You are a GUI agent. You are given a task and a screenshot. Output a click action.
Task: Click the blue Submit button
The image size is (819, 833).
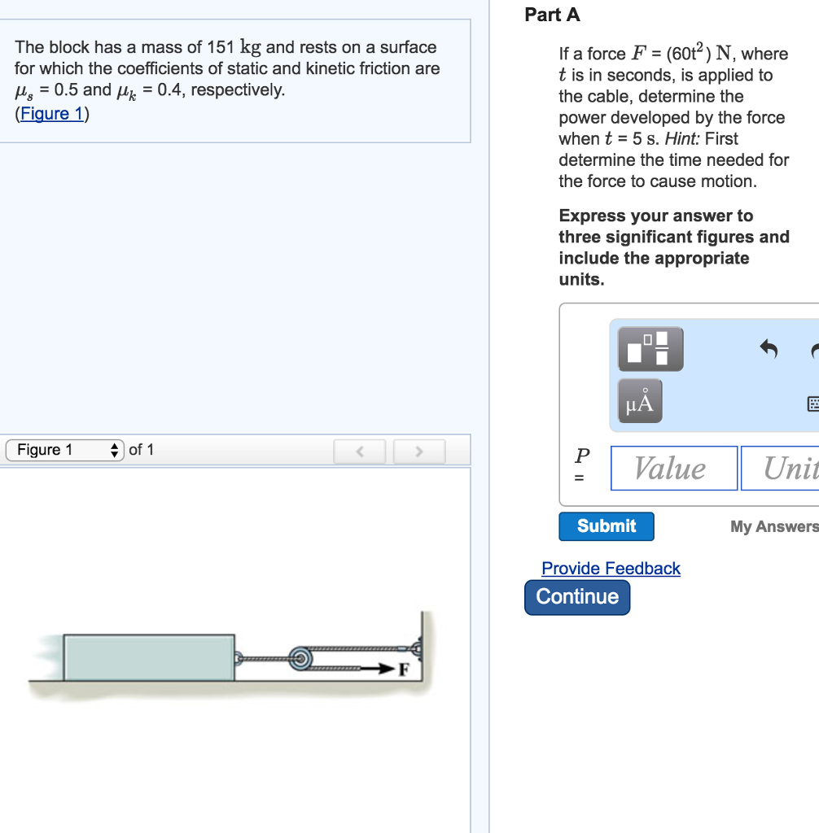coord(607,526)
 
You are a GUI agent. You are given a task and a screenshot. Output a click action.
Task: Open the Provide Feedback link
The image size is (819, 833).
coord(611,569)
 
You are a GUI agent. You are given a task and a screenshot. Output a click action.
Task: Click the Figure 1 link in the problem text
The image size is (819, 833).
coord(52,113)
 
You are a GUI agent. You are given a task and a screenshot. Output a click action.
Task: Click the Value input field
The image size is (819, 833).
coord(674,468)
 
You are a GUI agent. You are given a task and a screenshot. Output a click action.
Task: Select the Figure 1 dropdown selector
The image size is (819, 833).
coord(65,450)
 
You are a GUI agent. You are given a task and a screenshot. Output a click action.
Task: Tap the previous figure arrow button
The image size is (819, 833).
coord(360,451)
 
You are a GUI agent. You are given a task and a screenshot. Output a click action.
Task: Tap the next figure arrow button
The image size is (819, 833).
coord(419,451)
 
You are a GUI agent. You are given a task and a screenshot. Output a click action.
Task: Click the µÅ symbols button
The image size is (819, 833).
coord(640,400)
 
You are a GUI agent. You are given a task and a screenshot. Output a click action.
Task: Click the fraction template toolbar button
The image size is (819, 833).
coord(650,348)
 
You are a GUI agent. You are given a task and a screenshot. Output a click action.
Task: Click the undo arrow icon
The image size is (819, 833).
coord(769,349)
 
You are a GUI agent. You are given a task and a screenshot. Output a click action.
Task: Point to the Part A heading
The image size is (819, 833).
coord(552,15)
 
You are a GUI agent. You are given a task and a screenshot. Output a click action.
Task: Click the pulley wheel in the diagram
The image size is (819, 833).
coord(300,659)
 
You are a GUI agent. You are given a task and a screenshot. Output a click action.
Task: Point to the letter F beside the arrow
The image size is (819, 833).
coord(404,669)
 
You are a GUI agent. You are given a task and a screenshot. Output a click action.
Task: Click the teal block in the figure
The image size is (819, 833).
coord(149,657)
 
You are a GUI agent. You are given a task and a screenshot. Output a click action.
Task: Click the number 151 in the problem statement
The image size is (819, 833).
coord(221,47)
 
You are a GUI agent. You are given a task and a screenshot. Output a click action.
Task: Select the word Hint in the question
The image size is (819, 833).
coord(682,138)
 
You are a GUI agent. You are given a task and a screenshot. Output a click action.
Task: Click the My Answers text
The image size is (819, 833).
coord(774,526)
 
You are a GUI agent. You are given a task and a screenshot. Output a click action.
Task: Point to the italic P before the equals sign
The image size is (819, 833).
coord(582,456)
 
